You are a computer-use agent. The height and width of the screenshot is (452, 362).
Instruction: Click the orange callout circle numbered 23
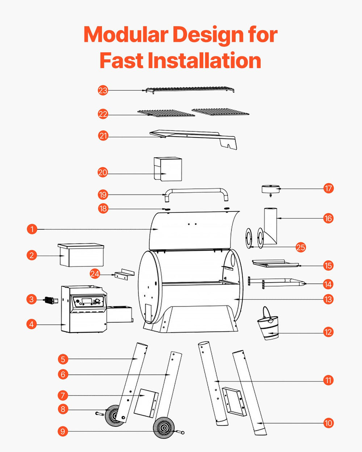point(103,90)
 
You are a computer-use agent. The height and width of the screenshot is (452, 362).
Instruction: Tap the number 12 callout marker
point(328,332)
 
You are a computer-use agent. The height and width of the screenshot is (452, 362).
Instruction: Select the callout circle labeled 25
point(301,247)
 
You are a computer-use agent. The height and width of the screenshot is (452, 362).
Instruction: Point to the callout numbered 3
point(32,299)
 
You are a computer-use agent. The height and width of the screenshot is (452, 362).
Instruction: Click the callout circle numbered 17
point(328,188)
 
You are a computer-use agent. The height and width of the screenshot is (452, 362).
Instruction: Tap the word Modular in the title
point(126,35)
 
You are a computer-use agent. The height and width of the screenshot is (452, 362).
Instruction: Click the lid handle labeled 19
point(196,192)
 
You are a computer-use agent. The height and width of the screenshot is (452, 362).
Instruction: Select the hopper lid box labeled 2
point(81,255)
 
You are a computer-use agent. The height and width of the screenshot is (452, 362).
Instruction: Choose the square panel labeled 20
point(168,169)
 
